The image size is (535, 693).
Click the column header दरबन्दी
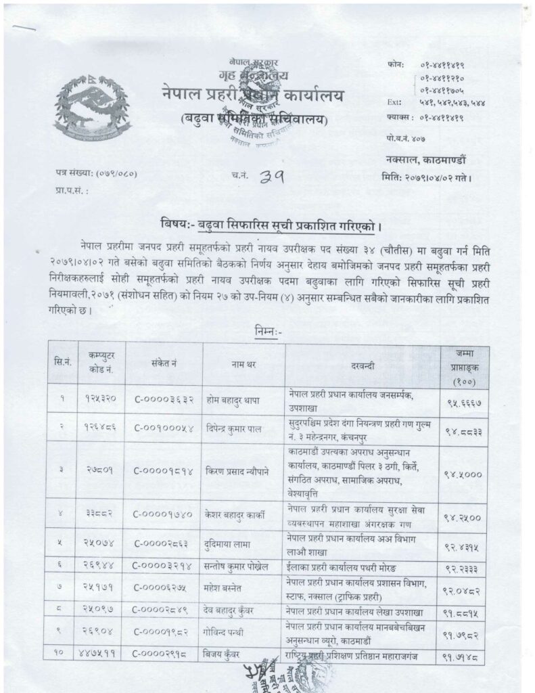click(362, 364)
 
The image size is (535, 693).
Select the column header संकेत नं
click(164, 364)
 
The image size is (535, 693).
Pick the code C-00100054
click(164, 428)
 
